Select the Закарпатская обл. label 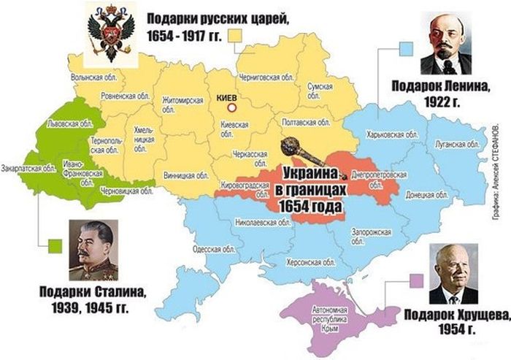28,168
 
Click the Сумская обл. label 320,91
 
